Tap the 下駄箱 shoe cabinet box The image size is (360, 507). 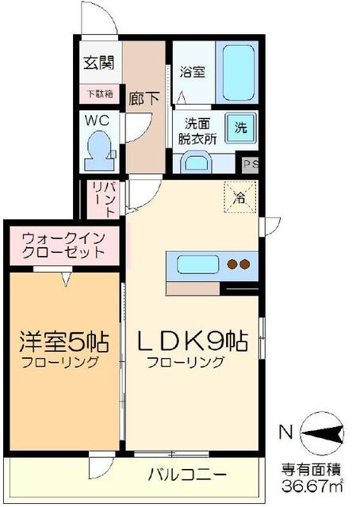pyautogui.click(x=99, y=94)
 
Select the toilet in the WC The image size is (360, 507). pyautogui.click(x=100, y=150)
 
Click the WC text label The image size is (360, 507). pyautogui.click(x=98, y=122)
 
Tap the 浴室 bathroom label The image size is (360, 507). pyautogui.click(x=193, y=72)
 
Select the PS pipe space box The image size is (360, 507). pyautogui.click(x=251, y=165)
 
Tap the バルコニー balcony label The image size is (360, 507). pyautogui.click(x=188, y=475)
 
